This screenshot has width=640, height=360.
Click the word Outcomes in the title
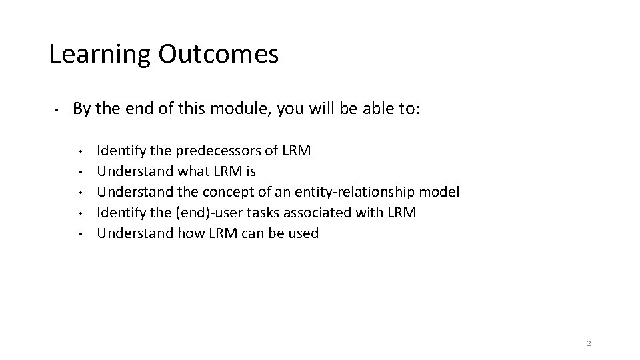pos(219,53)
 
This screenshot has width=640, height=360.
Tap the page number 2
pos(589,343)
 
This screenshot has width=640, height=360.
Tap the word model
pos(439,192)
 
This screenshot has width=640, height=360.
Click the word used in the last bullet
pos(304,233)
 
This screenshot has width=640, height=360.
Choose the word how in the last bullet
pos(191,233)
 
